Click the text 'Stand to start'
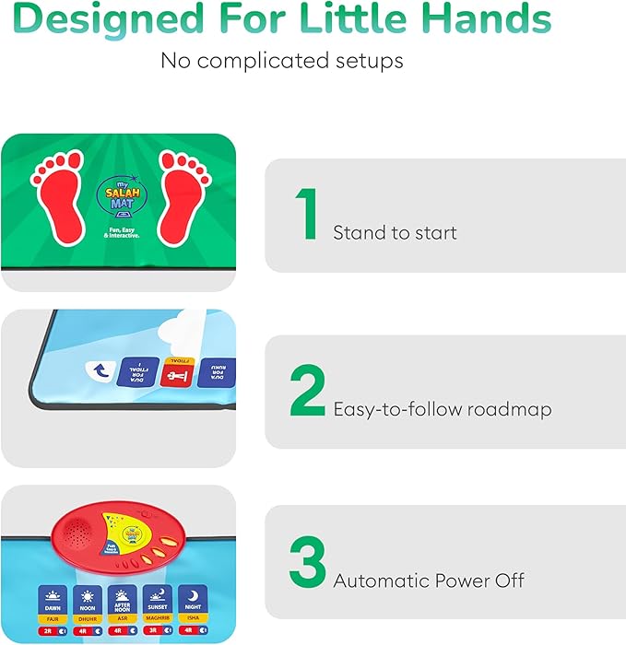pos(395,232)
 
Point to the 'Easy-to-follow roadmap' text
pos(442,409)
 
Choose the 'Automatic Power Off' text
pos(429,580)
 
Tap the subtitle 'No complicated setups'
pos(282,61)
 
